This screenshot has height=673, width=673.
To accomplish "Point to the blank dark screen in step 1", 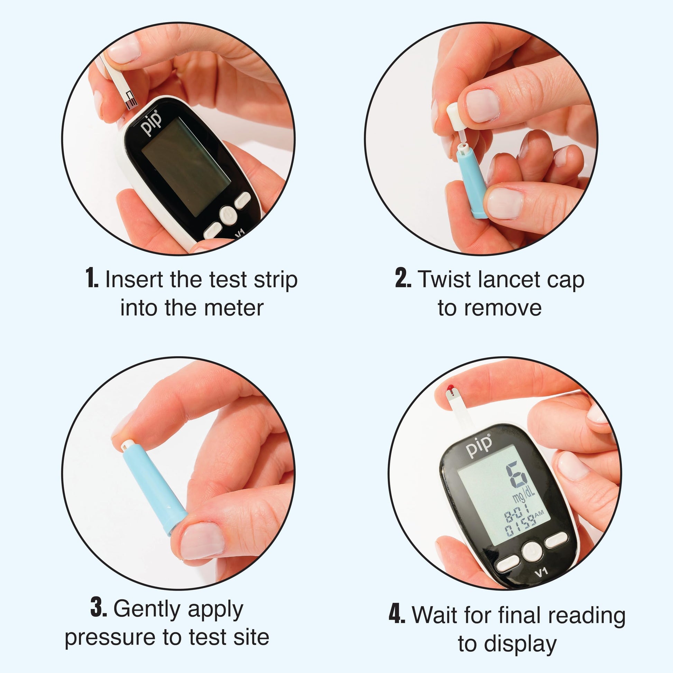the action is click(186, 165).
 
